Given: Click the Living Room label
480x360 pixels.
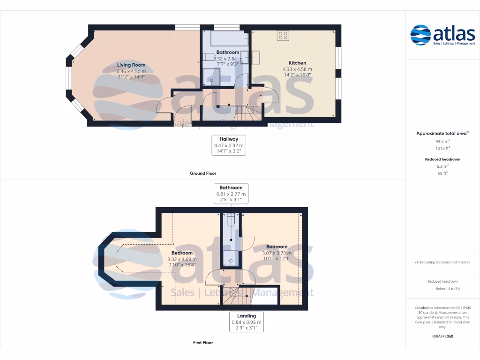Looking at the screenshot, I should click(x=131, y=65).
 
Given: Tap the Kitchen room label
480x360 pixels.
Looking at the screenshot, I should click(x=297, y=63).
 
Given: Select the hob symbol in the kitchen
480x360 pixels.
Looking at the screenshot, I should click(x=283, y=35).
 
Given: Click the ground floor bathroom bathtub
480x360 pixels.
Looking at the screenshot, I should click(x=225, y=38).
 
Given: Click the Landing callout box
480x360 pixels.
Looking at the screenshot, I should click(x=247, y=322).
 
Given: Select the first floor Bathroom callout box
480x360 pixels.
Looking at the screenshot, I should click(x=231, y=194).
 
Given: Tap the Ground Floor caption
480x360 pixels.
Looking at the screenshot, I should click(x=203, y=173).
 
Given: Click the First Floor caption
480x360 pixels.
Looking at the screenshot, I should click(x=203, y=343).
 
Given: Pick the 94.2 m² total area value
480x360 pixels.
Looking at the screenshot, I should click(x=442, y=141).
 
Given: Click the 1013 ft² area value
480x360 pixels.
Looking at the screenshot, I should click(x=442, y=148).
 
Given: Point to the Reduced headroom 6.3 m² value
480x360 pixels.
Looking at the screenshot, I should click(x=442, y=166).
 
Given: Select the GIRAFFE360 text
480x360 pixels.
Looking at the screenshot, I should click(x=442, y=336).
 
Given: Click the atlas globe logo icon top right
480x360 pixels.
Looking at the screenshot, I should click(x=420, y=36).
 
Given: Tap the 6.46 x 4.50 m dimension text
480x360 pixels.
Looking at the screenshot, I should click(x=131, y=71).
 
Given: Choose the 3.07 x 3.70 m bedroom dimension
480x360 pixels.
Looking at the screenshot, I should click(x=277, y=253).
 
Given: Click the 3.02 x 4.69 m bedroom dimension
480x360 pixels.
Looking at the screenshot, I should click(x=182, y=259).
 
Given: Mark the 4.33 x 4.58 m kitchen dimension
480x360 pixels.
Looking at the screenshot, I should click(x=297, y=69).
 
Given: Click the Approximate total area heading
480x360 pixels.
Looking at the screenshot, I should click(x=442, y=134).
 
